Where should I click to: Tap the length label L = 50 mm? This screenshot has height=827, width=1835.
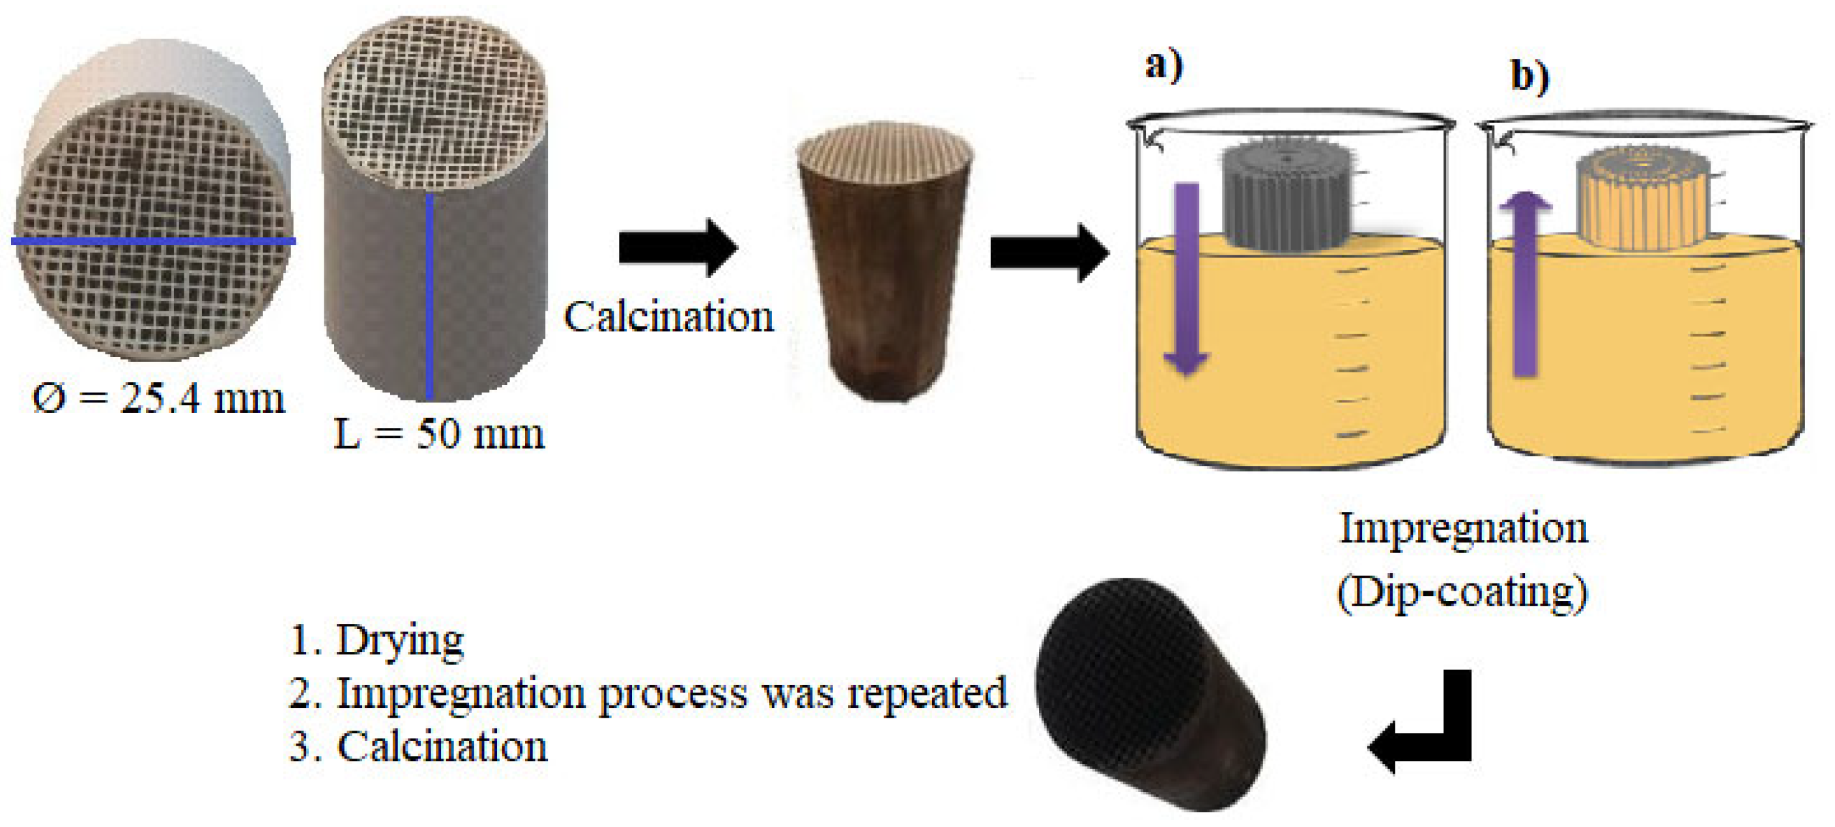439,434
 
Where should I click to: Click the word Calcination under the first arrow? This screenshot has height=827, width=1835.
668,316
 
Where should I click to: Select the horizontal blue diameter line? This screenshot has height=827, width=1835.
153,242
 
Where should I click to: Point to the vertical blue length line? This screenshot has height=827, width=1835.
429,296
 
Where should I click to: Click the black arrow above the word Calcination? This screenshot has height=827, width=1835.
677,248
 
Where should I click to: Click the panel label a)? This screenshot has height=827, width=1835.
1163,65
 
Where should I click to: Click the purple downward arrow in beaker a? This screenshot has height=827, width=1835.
1186,278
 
